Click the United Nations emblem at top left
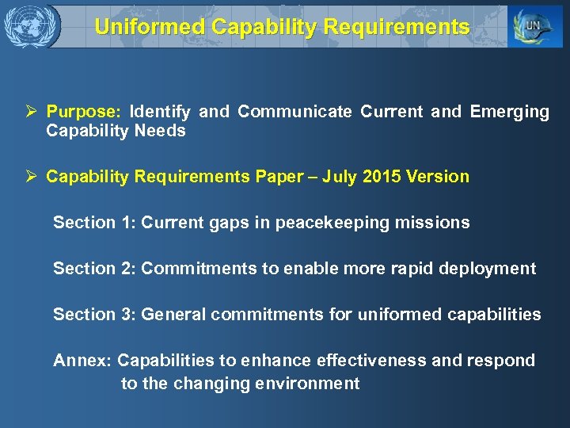point(31,26)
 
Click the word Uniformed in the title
point(149,27)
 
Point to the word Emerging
point(509,112)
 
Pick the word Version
point(439,177)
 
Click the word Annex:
point(82,361)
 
